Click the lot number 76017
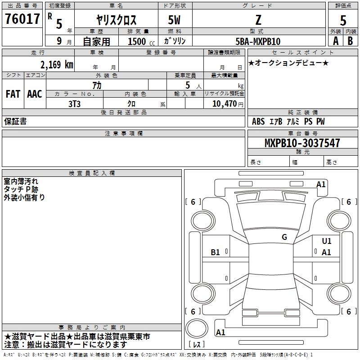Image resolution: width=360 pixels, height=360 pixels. [x=22, y=19]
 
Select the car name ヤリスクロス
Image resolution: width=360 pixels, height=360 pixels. [x=116, y=20]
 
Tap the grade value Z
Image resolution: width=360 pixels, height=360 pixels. [x=258, y=20]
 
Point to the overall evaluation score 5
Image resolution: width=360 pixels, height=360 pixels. [x=343, y=20]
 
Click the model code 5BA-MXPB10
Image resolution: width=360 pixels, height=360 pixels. [x=258, y=41]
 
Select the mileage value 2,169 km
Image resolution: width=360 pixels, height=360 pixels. [x=57, y=64]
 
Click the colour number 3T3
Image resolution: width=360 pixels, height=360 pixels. [x=75, y=103]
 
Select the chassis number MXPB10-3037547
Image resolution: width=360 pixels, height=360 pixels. [x=302, y=143]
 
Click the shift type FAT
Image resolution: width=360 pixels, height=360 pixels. [x=13, y=94]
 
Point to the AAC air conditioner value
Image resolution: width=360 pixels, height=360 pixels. [x=35, y=94]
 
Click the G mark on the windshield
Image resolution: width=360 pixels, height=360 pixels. [x=284, y=237]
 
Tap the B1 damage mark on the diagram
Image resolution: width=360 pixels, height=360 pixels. [x=216, y=252]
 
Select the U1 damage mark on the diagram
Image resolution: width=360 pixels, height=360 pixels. [x=327, y=241]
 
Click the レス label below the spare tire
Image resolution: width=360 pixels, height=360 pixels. [x=197, y=344]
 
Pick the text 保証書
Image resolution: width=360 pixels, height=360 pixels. [x=15, y=121]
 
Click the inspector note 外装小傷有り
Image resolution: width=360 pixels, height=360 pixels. [x=24, y=197]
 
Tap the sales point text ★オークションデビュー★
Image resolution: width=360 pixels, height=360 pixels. [x=288, y=63]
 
